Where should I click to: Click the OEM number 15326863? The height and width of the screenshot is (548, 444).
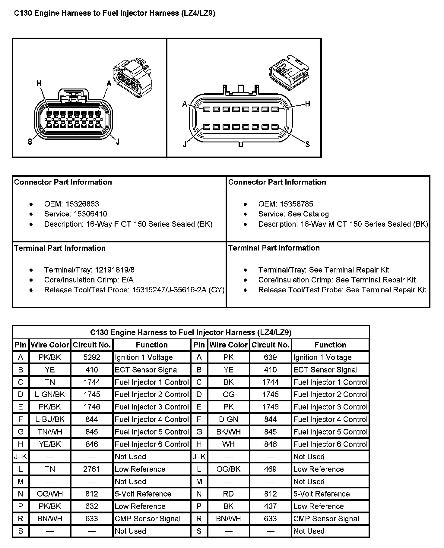point(82,204)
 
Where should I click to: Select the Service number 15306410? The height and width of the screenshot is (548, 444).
point(86,214)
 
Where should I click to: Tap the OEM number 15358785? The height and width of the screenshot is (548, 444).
point(296,204)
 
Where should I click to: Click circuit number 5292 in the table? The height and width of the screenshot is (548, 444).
point(92,357)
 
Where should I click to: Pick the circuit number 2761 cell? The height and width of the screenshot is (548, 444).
point(92,469)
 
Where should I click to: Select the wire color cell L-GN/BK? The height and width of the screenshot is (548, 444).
point(50,394)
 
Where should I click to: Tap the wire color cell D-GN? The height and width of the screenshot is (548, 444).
point(228,419)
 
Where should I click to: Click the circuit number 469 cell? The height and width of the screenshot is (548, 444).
point(270,469)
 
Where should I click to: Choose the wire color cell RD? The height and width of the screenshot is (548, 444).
point(228,494)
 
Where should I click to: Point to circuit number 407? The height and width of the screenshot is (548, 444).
point(270,506)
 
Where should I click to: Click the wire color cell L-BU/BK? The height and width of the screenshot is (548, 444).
point(50,419)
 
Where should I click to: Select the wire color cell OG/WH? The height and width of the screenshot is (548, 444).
point(50,494)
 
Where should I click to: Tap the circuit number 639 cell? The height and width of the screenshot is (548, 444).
point(270,357)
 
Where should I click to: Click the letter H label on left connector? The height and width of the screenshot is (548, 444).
point(39,83)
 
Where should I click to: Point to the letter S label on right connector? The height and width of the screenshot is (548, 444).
point(307,145)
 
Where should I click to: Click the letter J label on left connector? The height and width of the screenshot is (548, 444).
point(118,142)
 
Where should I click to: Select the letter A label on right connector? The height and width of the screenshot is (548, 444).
point(185,104)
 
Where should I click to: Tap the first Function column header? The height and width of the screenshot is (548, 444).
point(151,345)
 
